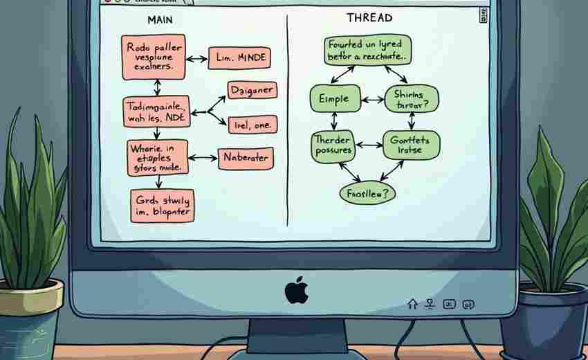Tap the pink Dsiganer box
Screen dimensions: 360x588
click(252, 90)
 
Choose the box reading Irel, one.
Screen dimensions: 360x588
click(252, 125)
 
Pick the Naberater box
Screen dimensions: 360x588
click(245, 158)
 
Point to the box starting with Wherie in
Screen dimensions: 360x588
click(157, 156)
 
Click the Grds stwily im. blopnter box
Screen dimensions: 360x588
click(162, 205)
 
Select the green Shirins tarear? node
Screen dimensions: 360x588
click(412, 100)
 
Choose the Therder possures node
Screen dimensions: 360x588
click(333, 145)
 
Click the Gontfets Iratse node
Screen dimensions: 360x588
click(410, 145)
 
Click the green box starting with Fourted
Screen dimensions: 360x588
click(367, 50)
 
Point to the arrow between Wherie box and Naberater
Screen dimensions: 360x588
click(202, 158)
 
